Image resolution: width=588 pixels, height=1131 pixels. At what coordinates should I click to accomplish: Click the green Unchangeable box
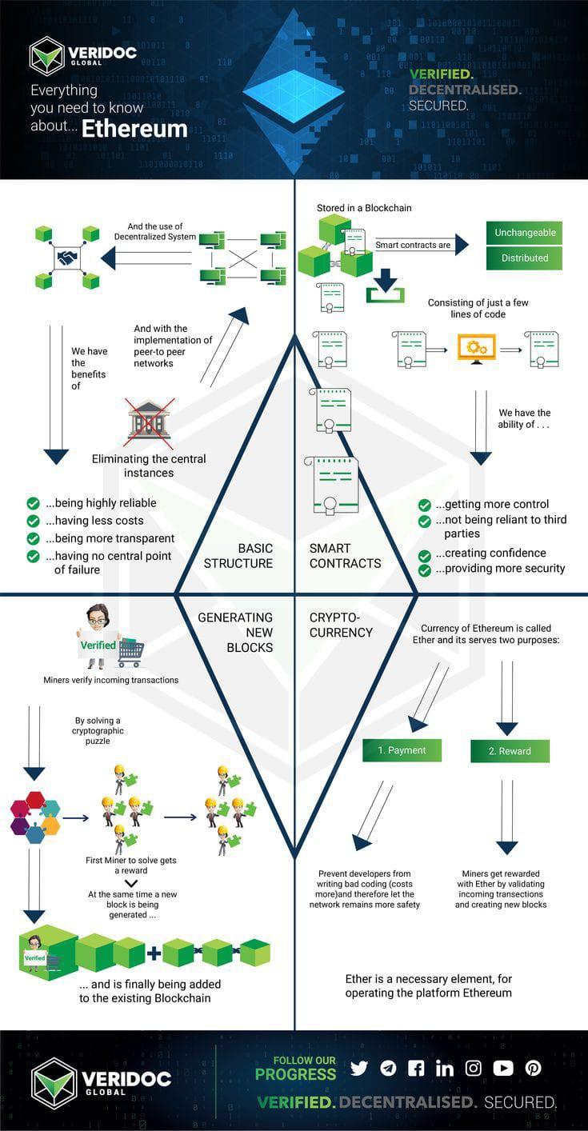tap(525, 233)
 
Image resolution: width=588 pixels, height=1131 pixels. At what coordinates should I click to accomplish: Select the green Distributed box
tap(525, 258)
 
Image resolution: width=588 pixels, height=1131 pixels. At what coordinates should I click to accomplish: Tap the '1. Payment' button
tap(402, 750)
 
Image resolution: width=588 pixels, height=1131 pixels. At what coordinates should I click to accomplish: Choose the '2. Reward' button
tap(510, 751)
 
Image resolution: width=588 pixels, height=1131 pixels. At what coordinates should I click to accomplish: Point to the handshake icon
tap(67, 258)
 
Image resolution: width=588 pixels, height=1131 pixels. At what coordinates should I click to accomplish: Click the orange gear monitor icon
tap(477, 348)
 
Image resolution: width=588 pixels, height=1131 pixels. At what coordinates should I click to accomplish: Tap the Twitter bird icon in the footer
tap(359, 1068)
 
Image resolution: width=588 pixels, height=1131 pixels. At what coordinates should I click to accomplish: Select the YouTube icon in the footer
tap(503, 1068)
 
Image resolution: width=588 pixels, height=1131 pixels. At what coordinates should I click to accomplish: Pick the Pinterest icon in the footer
tap(533, 1068)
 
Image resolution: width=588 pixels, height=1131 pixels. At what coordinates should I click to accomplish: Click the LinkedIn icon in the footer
tap(445, 1068)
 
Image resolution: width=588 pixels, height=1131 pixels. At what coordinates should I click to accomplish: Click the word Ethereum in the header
tap(134, 130)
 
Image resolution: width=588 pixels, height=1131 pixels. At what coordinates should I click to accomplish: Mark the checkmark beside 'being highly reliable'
tap(34, 503)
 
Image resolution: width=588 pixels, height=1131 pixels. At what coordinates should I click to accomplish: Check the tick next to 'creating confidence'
tap(425, 554)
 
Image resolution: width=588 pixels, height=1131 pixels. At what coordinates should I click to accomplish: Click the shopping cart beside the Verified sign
tap(130, 653)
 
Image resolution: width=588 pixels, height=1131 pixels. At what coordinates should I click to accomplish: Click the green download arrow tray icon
tap(386, 286)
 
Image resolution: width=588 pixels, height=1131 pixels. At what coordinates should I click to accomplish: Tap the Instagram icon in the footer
tap(474, 1068)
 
